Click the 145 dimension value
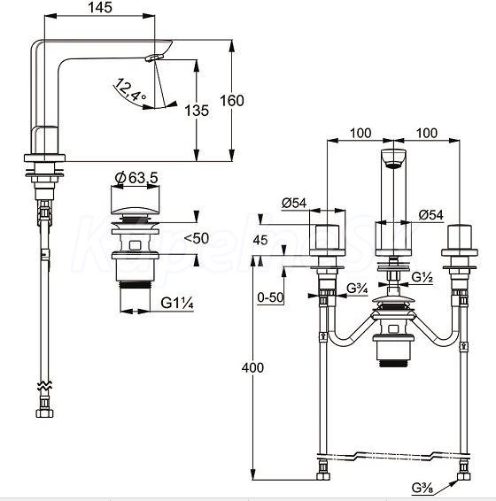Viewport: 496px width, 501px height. (x=100, y=7)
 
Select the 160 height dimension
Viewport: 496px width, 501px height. (x=232, y=101)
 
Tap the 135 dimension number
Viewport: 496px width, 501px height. (x=197, y=111)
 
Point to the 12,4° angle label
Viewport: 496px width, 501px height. (x=129, y=90)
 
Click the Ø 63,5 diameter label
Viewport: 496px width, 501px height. (x=136, y=178)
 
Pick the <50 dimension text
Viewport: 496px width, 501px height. (x=197, y=238)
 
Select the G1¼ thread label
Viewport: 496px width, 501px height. (x=177, y=303)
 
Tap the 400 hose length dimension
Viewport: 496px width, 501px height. (x=252, y=367)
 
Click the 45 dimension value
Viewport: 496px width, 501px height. (x=260, y=240)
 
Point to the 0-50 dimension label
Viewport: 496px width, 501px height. (x=270, y=297)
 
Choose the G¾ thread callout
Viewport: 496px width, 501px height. (x=357, y=289)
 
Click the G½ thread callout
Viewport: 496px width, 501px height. (x=422, y=277)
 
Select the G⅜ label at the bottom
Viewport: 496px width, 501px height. (x=422, y=488)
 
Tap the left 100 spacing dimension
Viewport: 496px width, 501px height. (x=360, y=133)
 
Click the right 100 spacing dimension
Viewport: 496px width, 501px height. (x=427, y=133)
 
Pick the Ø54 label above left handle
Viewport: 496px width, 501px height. (x=294, y=203)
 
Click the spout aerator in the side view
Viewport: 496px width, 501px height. (x=154, y=58)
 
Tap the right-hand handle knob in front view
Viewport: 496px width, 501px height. (x=460, y=238)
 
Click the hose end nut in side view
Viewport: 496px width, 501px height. (x=45, y=413)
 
